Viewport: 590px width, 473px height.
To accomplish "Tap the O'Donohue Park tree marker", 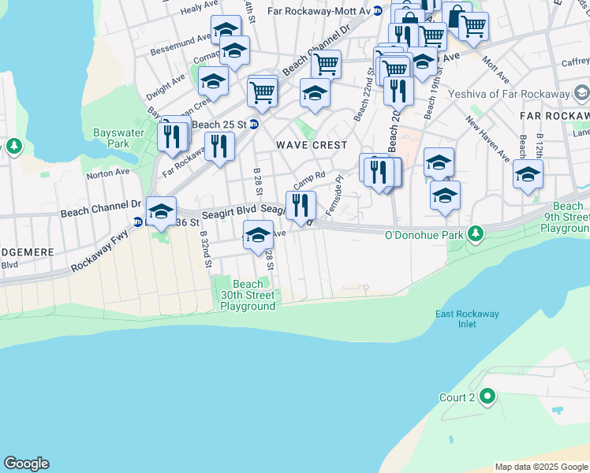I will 476,233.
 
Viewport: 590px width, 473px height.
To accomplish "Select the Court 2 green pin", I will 487,397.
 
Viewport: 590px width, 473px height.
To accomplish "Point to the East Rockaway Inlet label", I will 467,319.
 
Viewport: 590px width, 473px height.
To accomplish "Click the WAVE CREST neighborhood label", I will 312,145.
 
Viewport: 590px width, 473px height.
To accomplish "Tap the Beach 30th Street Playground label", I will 248,295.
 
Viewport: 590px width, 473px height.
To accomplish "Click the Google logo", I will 26,464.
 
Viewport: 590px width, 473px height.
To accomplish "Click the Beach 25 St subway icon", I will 254,125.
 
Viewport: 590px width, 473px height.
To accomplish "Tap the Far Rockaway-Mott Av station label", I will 319,11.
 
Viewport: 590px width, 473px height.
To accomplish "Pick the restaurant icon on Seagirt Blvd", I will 301,206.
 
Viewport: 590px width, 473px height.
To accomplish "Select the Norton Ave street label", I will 108,171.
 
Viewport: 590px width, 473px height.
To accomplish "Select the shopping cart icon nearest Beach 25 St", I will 263,91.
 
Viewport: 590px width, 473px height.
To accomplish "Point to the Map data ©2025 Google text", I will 540,467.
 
